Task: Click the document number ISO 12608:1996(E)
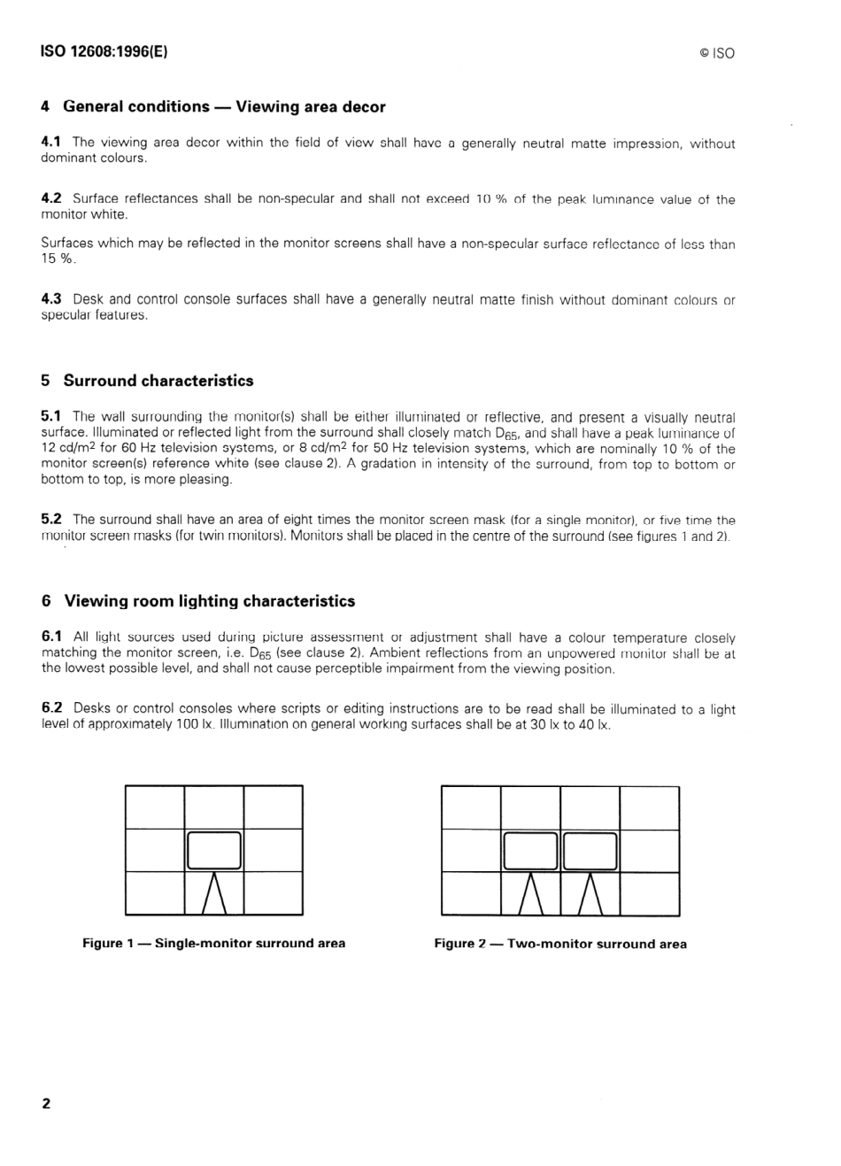104,51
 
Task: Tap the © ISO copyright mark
716,53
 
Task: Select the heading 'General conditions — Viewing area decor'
224,107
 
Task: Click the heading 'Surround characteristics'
158,381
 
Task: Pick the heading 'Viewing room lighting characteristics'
209,601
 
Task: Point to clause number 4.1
51,142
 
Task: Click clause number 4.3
51,299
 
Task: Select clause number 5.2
51,520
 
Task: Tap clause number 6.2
51,707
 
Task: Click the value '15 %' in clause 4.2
58,259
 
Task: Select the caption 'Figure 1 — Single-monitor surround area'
213,943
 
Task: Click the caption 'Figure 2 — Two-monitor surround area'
559,944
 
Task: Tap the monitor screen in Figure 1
213,851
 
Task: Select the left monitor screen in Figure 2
529,851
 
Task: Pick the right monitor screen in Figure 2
590,851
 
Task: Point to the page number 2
46,1103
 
